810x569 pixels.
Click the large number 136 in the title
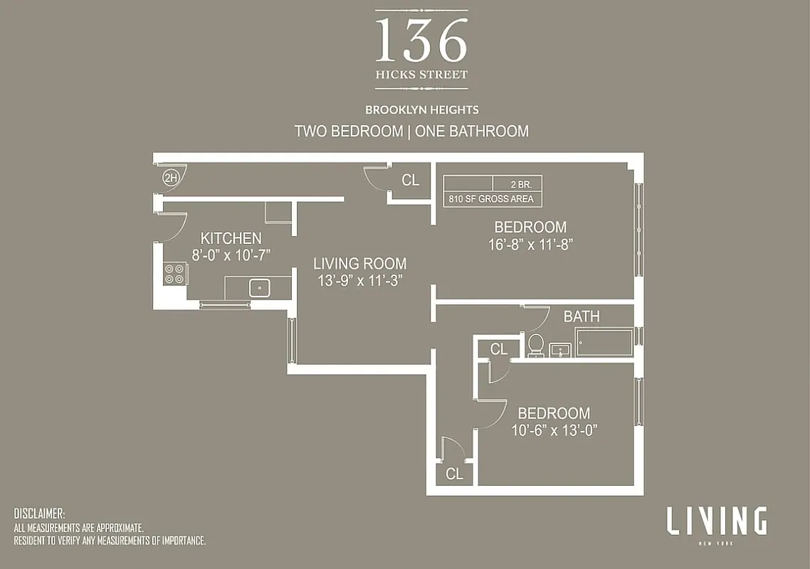coord(421,41)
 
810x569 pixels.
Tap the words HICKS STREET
coord(421,75)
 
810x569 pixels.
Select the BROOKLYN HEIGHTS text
coord(421,110)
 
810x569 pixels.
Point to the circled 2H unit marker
coord(170,178)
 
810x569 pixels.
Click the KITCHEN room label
coord(231,238)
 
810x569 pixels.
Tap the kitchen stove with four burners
coord(175,273)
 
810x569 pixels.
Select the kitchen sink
coord(259,288)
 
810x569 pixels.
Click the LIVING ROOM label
coord(360,264)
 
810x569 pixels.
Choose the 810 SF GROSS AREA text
coord(492,199)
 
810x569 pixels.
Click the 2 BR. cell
coord(526,183)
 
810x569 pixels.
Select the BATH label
coord(582,317)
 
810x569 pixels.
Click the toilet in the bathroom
coord(536,345)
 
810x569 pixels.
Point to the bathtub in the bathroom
coord(604,342)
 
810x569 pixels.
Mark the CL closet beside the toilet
coord(499,349)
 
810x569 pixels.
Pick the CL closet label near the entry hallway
coord(411,180)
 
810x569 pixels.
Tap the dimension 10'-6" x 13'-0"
coord(553,430)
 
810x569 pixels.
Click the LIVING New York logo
coord(716,523)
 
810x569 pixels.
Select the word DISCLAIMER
coord(40,514)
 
